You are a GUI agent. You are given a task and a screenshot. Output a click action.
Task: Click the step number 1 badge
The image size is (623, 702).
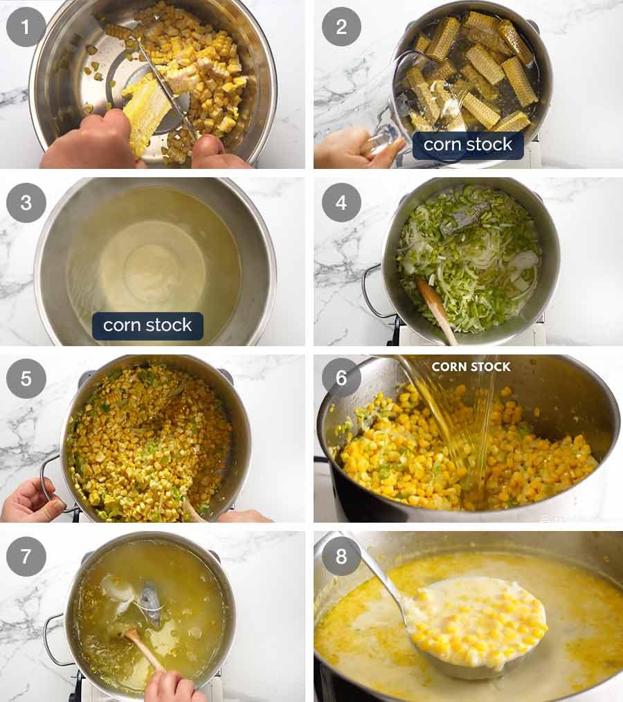(26, 26)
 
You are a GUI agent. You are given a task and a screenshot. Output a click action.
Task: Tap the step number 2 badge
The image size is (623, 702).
(341, 26)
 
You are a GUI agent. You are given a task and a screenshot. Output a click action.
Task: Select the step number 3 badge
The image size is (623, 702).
(26, 203)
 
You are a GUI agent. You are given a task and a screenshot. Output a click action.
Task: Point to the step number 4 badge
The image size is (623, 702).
(341, 203)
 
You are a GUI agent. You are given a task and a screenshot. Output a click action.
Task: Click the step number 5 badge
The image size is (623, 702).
(26, 379)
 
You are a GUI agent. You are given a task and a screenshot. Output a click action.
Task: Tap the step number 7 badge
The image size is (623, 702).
(26, 557)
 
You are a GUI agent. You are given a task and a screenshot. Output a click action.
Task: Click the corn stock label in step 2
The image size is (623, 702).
(468, 145)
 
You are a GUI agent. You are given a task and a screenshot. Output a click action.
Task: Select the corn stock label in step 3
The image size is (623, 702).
(147, 325)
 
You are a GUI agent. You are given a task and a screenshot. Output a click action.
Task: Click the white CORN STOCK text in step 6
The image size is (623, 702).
(471, 367)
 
